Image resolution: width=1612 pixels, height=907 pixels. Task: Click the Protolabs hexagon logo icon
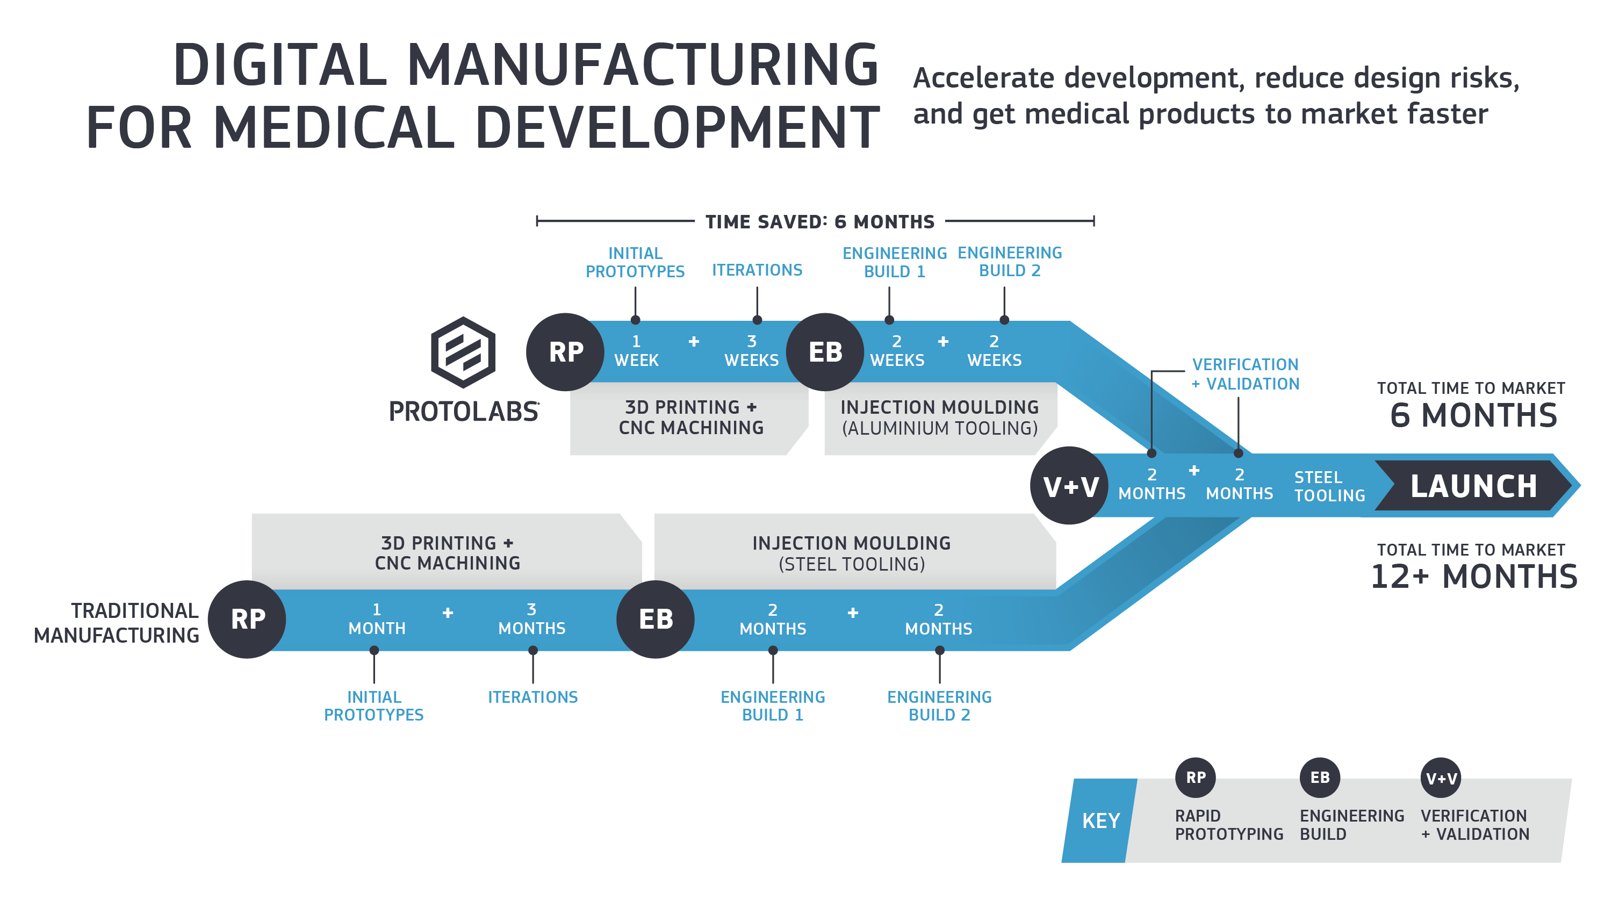click(x=463, y=352)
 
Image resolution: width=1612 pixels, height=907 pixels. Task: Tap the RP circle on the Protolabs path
click(x=565, y=352)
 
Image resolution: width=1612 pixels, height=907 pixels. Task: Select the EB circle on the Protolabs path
click(x=825, y=352)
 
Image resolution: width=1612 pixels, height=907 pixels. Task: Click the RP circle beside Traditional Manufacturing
click(x=247, y=619)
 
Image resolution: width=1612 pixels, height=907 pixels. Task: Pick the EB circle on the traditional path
click(x=655, y=619)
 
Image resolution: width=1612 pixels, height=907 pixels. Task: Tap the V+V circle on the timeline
click(x=1069, y=486)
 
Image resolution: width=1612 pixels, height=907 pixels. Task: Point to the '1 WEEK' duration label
click(x=636, y=351)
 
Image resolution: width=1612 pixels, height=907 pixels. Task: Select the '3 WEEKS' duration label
click(x=752, y=351)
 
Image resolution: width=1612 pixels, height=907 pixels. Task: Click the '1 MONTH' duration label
click(x=377, y=619)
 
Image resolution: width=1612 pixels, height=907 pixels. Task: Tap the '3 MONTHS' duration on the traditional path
click(x=532, y=619)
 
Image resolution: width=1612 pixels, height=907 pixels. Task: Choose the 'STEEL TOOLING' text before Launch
click(x=1330, y=486)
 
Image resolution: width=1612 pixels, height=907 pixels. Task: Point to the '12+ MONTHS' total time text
click(x=1473, y=577)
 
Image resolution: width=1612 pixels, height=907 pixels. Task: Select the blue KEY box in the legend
click(x=1099, y=820)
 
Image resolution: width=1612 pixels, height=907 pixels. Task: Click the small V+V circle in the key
click(x=1441, y=778)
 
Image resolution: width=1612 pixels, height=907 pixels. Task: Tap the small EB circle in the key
click(x=1320, y=778)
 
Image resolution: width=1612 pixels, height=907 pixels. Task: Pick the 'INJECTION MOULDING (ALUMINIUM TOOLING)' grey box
click(x=940, y=418)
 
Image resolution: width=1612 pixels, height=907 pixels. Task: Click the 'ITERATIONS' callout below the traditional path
click(x=532, y=697)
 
